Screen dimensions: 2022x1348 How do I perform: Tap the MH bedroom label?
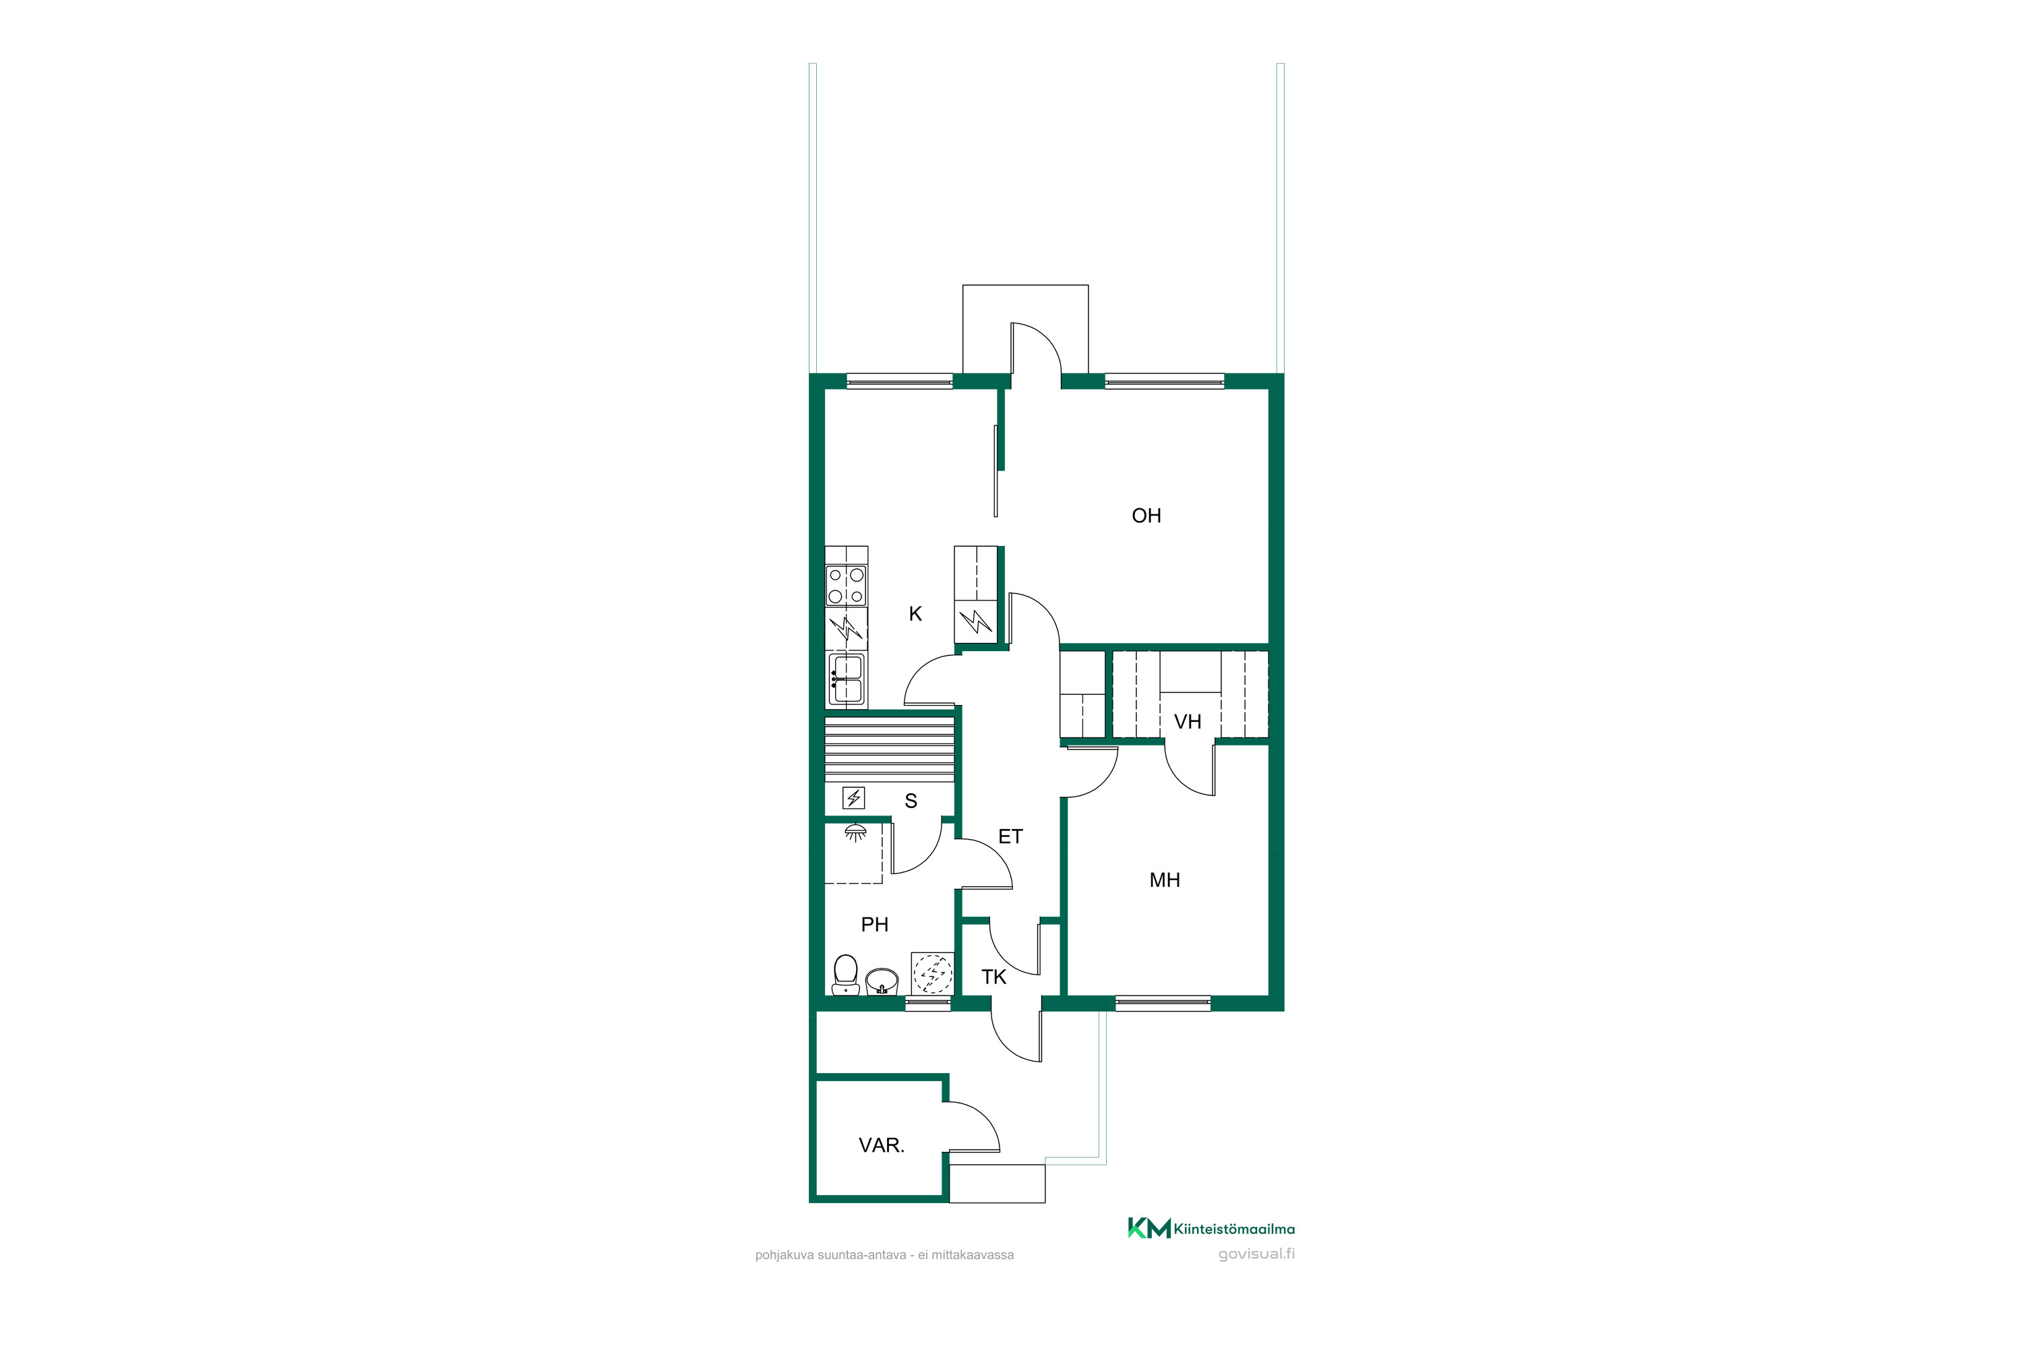pyautogui.click(x=1164, y=880)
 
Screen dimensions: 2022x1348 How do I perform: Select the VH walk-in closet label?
pyautogui.click(x=1187, y=722)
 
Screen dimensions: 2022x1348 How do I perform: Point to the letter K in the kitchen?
pyautogui.click(x=915, y=614)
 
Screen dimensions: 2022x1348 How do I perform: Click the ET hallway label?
pyautogui.click(x=1010, y=836)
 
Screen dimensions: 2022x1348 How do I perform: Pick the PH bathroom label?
pyautogui.click(x=874, y=925)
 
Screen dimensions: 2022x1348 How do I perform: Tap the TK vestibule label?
pyautogui.click(x=993, y=977)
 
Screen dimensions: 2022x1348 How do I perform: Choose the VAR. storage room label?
pyautogui.click(x=881, y=1146)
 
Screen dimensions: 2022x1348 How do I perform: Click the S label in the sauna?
pyautogui.click(x=911, y=801)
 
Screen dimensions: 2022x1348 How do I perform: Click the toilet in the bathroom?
pyautogui.click(x=846, y=975)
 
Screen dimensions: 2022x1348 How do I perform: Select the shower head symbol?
pyautogui.click(x=855, y=833)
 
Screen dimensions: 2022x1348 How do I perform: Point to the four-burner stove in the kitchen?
pyautogui.click(x=846, y=586)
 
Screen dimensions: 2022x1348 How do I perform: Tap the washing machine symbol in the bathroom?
pyautogui.click(x=933, y=975)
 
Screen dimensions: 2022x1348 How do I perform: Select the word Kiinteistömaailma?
pyautogui.click(x=1233, y=1229)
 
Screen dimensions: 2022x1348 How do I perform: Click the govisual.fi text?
pyautogui.click(x=1256, y=1254)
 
